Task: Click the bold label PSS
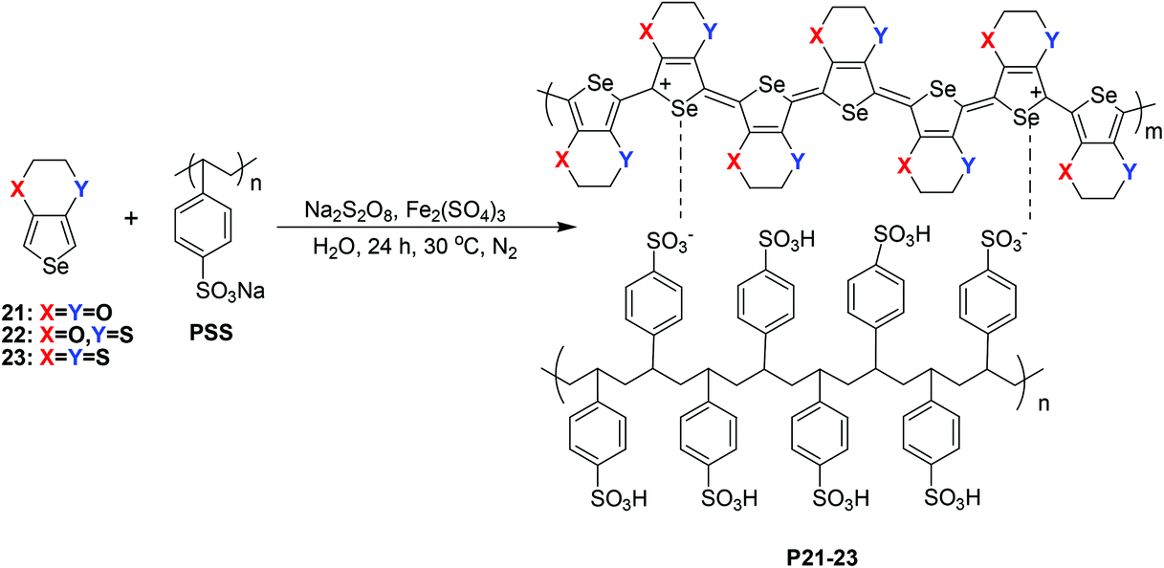point(211,333)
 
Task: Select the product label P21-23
point(823,557)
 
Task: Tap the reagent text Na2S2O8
point(348,211)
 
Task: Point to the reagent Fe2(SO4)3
point(455,211)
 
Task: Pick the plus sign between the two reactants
point(131,218)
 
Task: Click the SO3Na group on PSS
point(231,291)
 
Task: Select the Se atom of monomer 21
point(55,267)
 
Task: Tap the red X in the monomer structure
point(17,190)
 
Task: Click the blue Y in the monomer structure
point(80,188)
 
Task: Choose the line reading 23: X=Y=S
point(55,358)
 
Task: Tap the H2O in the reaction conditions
point(335,248)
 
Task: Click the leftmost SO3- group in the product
point(670,242)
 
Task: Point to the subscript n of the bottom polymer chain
point(1043,404)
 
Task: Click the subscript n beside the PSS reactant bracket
point(256,184)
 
